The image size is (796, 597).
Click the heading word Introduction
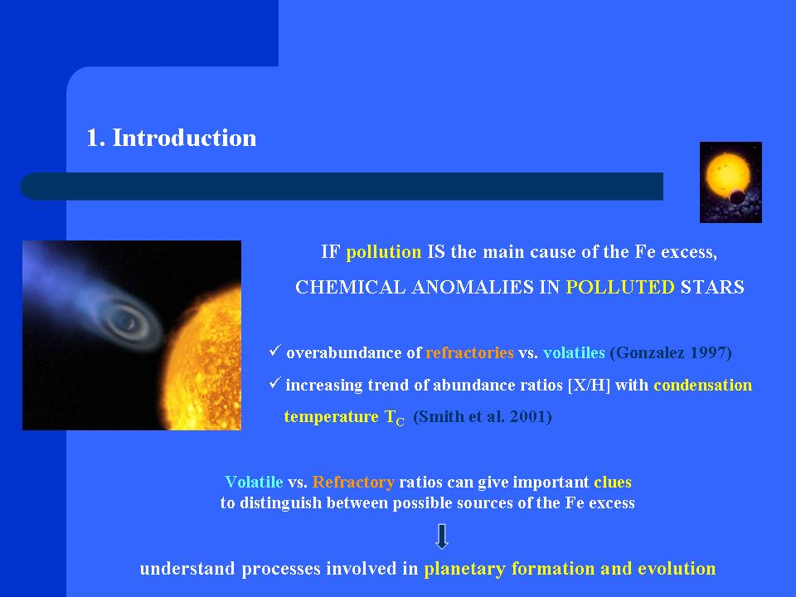point(184,138)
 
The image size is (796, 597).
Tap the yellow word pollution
point(384,252)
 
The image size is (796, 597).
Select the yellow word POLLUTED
point(620,288)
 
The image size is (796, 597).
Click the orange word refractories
point(469,352)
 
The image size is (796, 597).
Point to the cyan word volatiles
point(574,352)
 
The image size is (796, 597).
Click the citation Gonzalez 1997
point(671,352)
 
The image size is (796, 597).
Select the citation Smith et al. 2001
point(483,416)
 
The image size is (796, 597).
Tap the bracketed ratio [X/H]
point(589,385)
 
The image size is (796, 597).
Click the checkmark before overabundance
point(275,350)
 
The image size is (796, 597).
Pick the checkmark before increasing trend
point(275,382)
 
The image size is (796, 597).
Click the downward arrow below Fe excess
point(442,536)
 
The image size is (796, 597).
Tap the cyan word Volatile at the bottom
point(254,482)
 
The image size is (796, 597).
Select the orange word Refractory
point(353,482)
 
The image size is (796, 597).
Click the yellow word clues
point(613,482)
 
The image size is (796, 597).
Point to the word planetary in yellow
point(464,569)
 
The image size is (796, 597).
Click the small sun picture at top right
point(730,182)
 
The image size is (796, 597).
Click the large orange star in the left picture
point(206,361)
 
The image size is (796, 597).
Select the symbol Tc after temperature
point(395,417)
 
